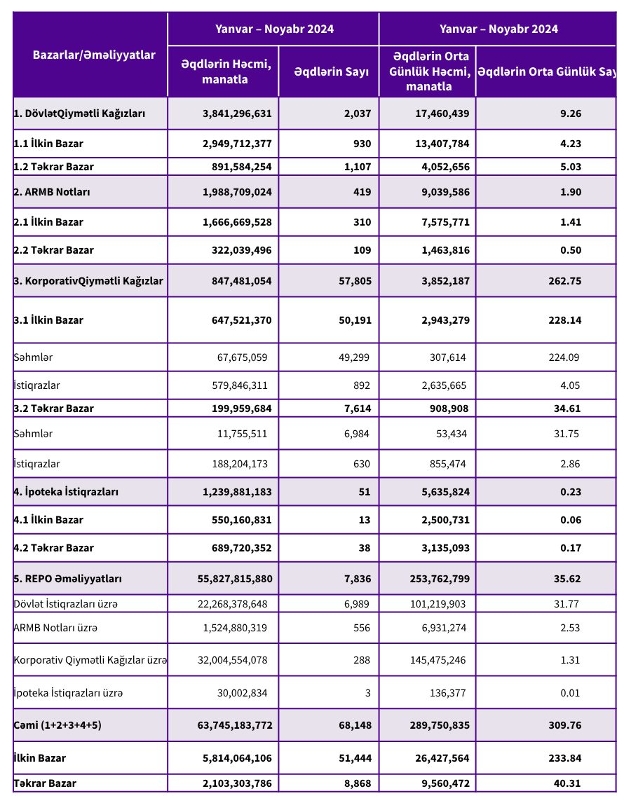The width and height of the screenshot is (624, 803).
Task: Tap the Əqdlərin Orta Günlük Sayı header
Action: pos(548,71)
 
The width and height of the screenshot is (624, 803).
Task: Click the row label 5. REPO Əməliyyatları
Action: pos(68,579)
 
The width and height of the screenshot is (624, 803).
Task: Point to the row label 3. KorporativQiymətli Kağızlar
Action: pos(88,281)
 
